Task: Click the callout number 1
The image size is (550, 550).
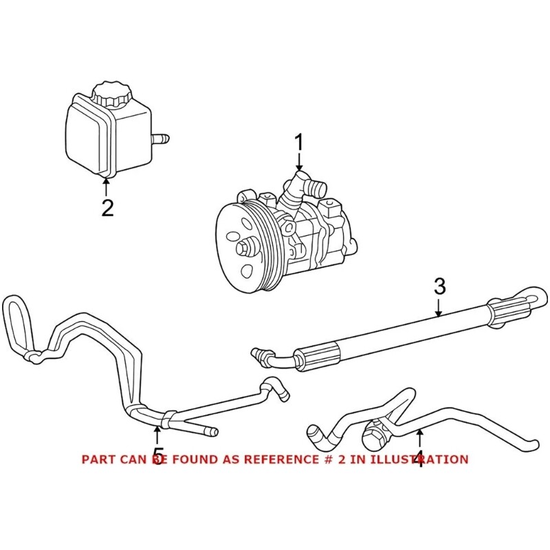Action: click(299, 143)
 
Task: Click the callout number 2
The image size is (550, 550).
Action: click(107, 207)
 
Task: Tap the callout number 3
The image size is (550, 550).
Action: click(440, 287)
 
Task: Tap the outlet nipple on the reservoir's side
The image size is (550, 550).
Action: click(162, 140)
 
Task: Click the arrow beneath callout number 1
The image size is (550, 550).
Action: click(299, 164)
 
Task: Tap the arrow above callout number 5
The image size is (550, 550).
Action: click(158, 434)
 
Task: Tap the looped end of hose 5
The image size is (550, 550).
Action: click(16, 323)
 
